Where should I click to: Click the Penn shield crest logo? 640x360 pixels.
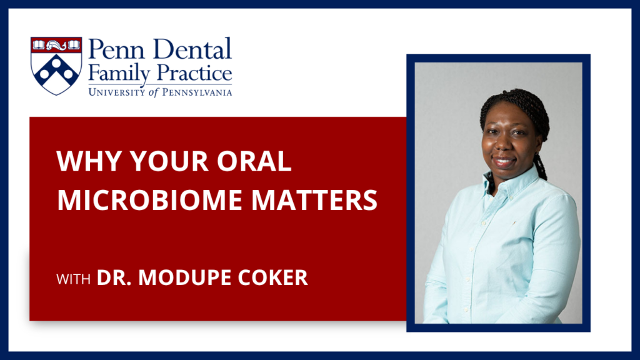56,66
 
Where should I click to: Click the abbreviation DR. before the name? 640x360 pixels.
116,277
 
